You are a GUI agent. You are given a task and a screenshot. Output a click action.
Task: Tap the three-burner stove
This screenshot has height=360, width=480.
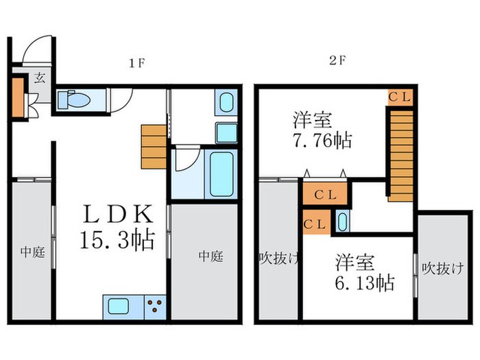(155, 305)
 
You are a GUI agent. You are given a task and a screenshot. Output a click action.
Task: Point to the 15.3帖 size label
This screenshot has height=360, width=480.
(117, 241)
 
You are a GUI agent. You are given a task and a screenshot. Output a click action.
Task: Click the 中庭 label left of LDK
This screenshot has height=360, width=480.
(32, 252)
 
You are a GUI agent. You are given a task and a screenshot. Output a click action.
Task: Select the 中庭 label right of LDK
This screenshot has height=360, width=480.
(211, 256)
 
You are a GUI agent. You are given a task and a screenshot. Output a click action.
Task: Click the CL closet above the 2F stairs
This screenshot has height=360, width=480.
(400, 97)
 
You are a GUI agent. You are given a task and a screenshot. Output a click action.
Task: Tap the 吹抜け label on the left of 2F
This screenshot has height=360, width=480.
(279, 259)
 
